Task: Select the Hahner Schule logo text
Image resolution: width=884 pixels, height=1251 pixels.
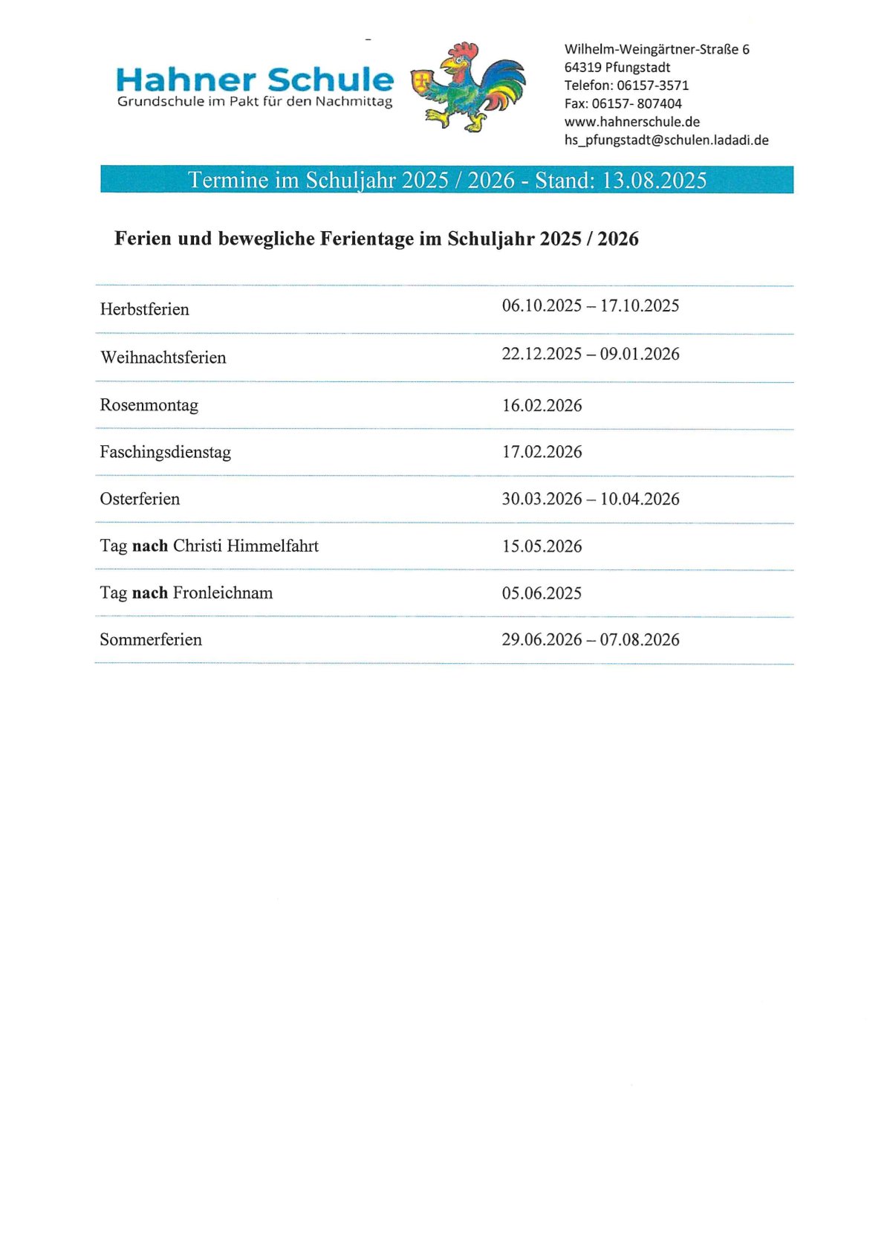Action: tap(255, 80)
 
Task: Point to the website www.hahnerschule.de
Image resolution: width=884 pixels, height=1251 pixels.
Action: tap(631, 122)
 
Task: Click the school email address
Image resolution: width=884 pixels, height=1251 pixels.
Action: tap(666, 140)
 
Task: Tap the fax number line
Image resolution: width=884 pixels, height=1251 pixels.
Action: tap(623, 103)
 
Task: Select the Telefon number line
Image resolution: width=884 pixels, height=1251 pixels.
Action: tap(626, 85)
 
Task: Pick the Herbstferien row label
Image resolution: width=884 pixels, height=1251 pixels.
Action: tap(145, 309)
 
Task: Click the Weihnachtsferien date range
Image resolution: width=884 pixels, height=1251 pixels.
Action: tap(591, 354)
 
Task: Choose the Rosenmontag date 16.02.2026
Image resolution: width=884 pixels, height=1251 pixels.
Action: tap(542, 405)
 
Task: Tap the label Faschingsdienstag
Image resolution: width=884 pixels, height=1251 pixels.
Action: tap(165, 452)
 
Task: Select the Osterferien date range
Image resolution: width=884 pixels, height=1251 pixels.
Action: tap(591, 499)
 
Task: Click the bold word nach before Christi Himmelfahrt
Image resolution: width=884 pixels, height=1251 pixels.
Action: tap(150, 546)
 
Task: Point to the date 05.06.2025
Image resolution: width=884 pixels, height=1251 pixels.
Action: tap(542, 593)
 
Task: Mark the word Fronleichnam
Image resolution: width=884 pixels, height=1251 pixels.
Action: tap(223, 592)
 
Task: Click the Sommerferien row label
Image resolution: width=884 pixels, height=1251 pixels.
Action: tap(151, 639)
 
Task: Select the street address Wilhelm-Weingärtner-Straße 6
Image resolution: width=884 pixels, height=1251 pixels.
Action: tap(657, 49)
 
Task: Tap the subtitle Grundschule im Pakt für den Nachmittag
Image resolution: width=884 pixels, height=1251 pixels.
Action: tap(255, 101)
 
